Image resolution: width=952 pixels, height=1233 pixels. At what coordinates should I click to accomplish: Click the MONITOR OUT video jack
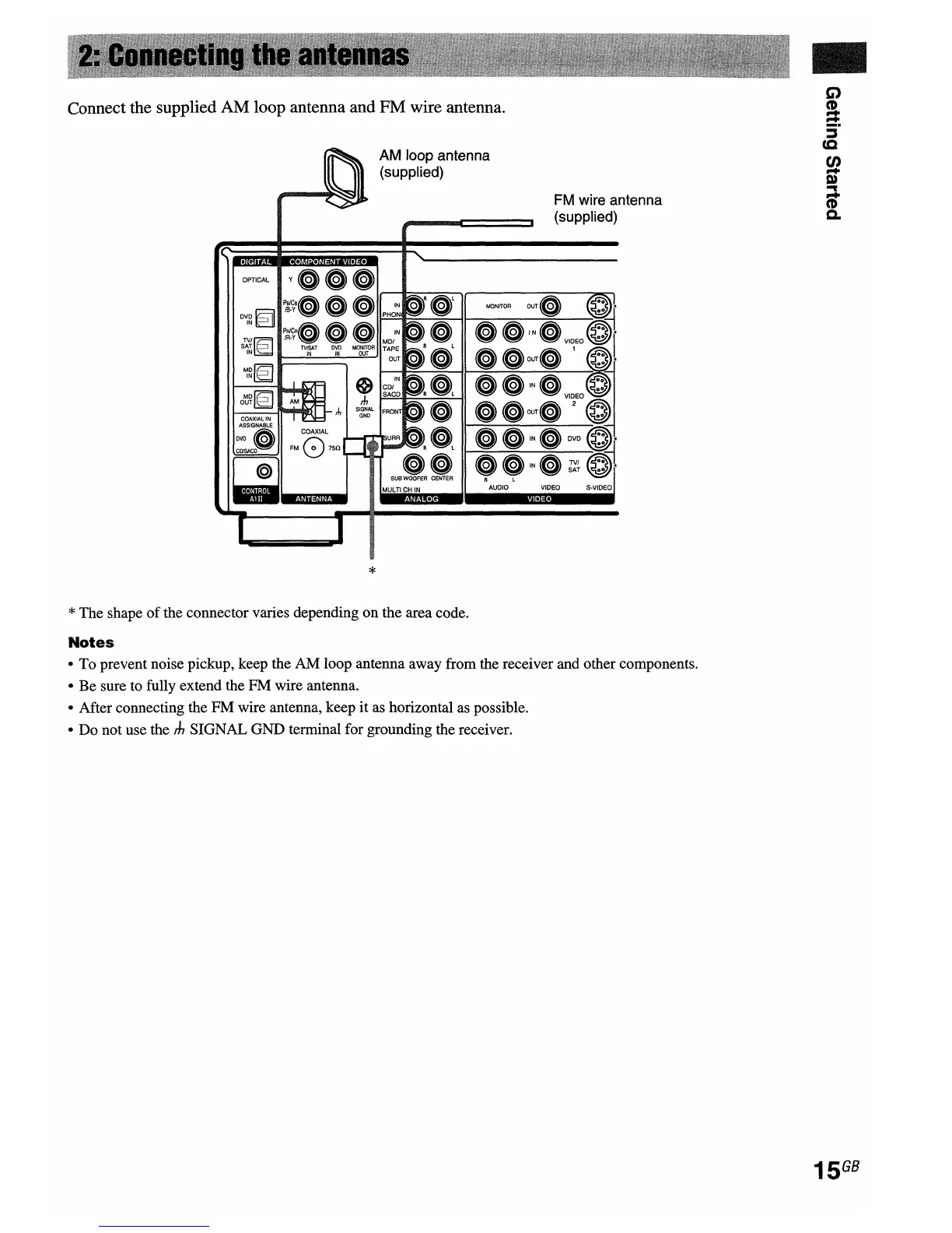(549, 305)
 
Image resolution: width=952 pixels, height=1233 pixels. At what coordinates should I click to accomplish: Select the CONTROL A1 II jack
(264, 469)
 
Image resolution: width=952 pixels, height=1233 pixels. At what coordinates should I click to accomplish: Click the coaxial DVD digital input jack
(264, 441)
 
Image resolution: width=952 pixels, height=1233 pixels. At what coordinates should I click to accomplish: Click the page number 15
(824, 1170)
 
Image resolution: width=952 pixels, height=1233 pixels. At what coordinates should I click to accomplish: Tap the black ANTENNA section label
(313, 499)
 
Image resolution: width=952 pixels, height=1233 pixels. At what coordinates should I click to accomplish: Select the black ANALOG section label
(421, 499)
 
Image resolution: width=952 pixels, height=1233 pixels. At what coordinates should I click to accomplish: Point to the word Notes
(91, 642)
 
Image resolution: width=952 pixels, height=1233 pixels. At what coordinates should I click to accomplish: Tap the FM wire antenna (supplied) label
(607, 208)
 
